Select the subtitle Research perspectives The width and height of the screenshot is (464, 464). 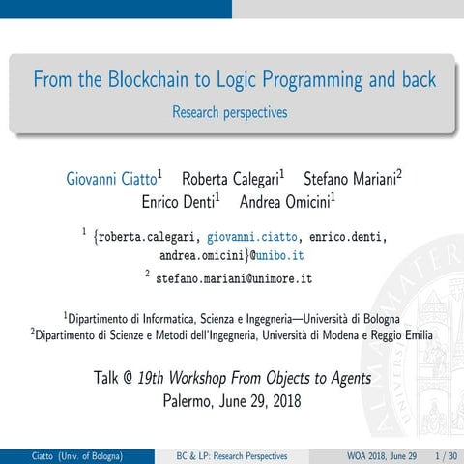click(x=230, y=113)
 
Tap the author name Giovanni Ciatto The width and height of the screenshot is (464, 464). click(x=111, y=179)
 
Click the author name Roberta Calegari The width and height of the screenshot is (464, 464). click(x=230, y=179)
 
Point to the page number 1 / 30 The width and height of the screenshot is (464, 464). click(x=446, y=455)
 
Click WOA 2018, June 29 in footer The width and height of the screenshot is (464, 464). click(x=382, y=455)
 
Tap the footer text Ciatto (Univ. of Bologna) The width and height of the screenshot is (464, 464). click(x=76, y=455)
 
